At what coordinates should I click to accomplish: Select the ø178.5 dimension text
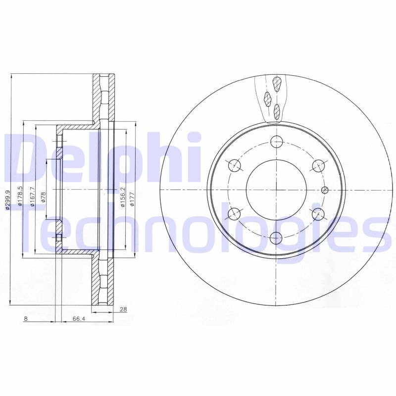20,194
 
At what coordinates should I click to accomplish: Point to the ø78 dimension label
44,197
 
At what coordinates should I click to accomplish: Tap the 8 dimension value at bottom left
25,319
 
